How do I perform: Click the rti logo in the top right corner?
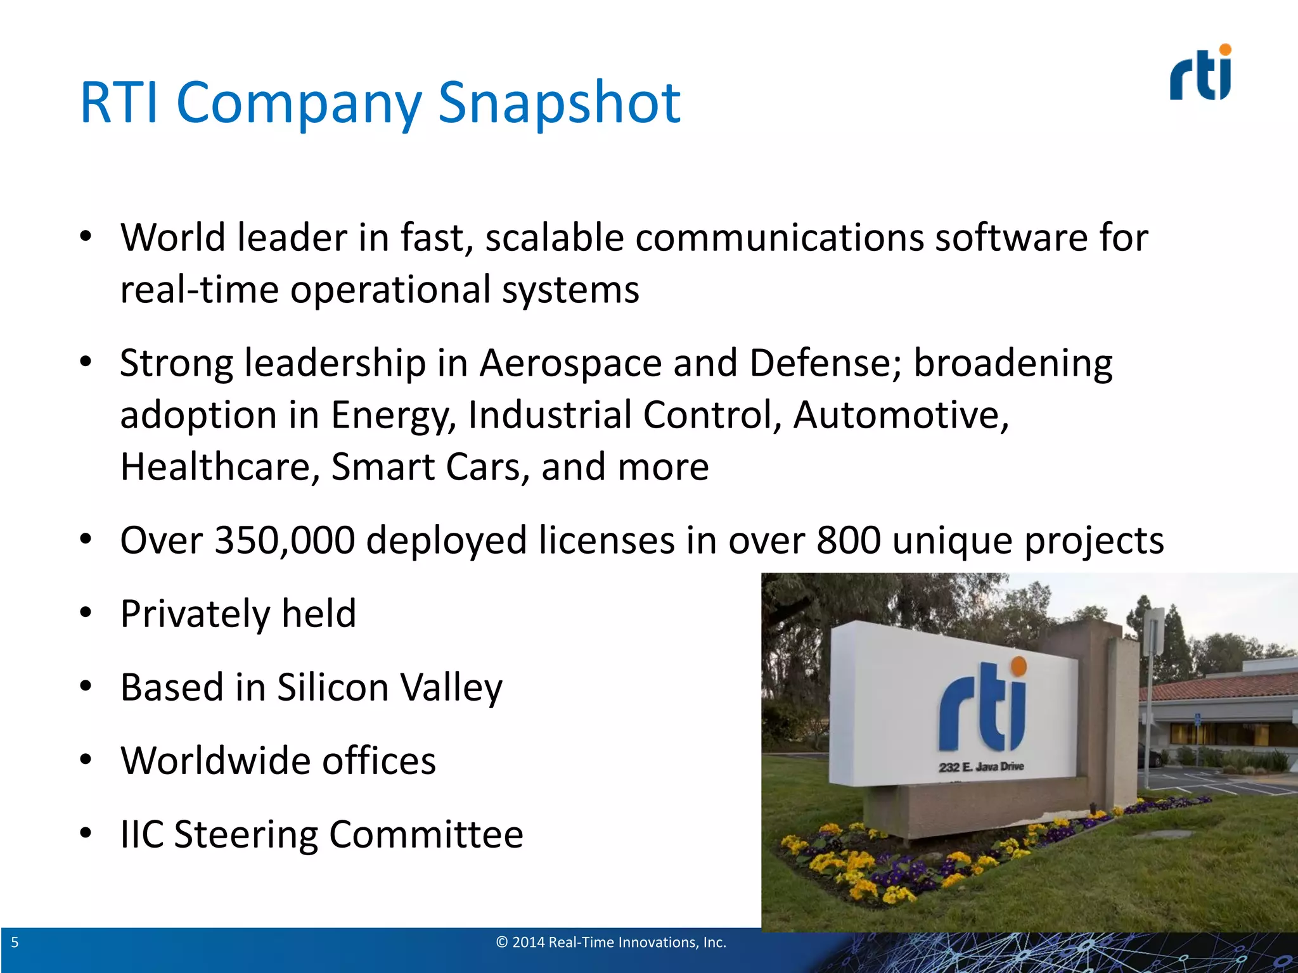pyautogui.click(x=1200, y=73)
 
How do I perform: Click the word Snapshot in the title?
pyautogui.click(x=559, y=103)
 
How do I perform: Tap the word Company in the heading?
pyautogui.click(x=298, y=103)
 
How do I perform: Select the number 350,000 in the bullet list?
pyautogui.click(x=285, y=540)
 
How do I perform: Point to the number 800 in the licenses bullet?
pyautogui.click(x=849, y=540)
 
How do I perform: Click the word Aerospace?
pyautogui.click(x=570, y=364)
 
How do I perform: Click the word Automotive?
pyautogui.click(x=901, y=416)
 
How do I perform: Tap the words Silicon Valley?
pyautogui.click(x=389, y=688)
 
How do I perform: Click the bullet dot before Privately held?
pyautogui.click(x=86, y=613)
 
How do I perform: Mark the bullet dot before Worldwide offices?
pyautogui.click(x=86, y=760)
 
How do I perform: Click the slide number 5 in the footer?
pyautogui.click(x=15, y=943)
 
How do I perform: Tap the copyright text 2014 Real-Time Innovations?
pyautogui.click(x=610, y=943)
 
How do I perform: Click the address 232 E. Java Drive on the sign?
pyautogui.click(x=981, y=767)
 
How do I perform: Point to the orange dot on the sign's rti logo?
pyautogui.click(x=1018, y=666)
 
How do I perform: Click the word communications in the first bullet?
pyautogui.click(x=780, y=238)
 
